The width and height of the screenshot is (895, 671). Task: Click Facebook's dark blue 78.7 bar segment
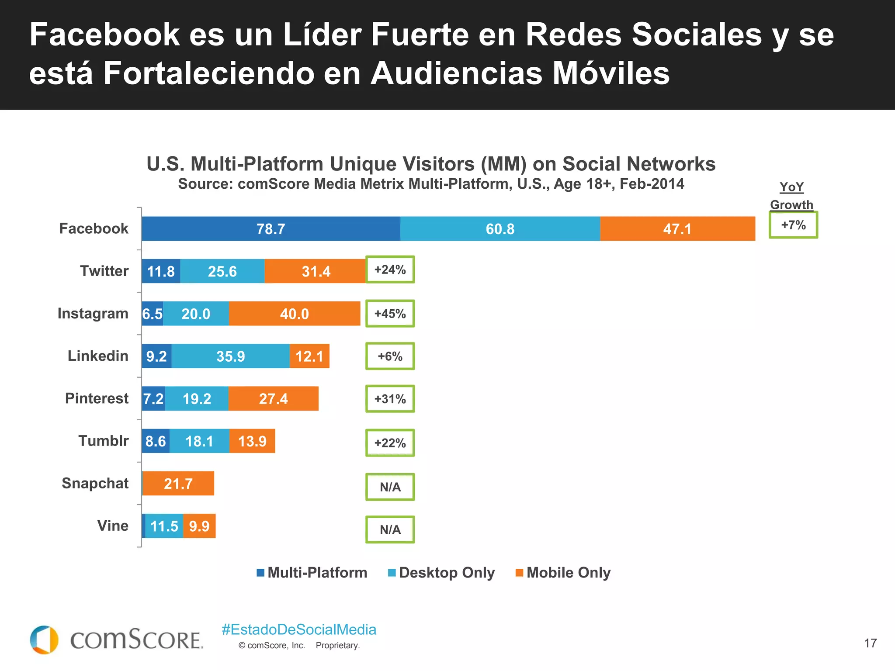271,228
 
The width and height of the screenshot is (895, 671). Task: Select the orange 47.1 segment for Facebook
677,228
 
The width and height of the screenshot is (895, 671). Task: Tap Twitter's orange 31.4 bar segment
315,271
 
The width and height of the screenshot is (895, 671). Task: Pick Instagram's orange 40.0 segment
294,314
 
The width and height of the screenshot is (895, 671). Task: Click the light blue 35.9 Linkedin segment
230,356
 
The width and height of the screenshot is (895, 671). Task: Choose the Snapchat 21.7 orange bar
178,484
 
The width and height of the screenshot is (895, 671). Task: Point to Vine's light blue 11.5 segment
164,526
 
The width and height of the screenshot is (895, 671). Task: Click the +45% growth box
390,314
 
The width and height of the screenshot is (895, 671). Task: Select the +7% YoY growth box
793,225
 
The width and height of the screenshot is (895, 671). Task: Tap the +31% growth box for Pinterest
390,399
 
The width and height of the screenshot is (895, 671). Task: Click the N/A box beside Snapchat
390,487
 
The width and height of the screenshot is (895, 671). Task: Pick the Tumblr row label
104,441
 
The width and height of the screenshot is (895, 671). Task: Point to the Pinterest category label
97,398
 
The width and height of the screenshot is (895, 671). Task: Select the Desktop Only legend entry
441,572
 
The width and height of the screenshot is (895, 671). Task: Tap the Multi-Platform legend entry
312,572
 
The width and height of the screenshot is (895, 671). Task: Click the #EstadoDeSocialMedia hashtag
299,629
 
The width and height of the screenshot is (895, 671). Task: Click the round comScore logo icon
44,640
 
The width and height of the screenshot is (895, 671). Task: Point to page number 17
870,643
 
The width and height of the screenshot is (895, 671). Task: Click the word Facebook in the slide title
104,35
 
